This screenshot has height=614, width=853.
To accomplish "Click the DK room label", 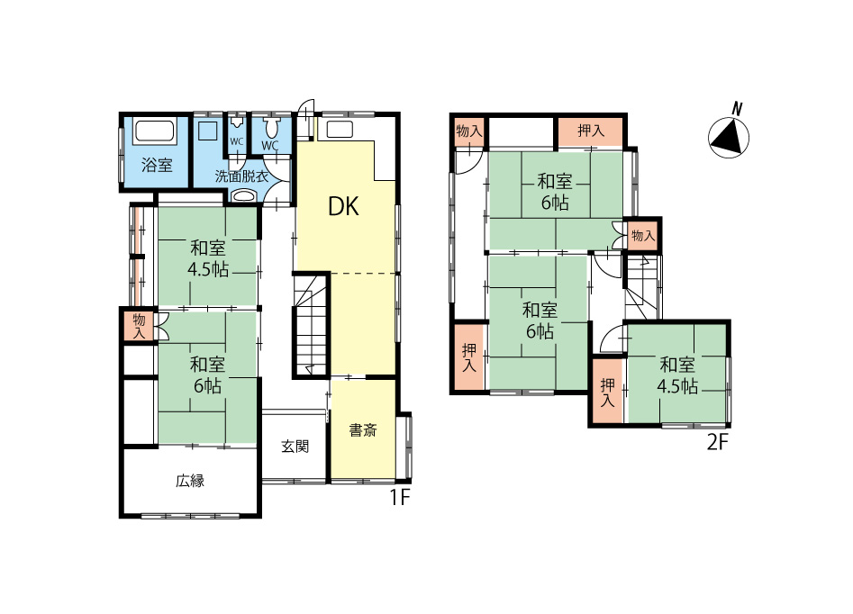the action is click(x=343, y=207).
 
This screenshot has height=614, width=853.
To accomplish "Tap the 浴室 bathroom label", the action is click(x=157, y=165).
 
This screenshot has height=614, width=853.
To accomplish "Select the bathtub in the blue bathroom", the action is click(x=155, y=132).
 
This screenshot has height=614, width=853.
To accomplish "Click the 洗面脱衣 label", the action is click(x=241, y=176).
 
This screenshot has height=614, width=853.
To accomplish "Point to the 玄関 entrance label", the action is click(x=295, y=447).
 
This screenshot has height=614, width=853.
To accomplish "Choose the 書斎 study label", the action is click(x=363, y=430).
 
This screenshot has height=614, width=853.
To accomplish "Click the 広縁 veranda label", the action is click(x=190, y=481).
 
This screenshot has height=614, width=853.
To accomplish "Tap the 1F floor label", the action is click(x=399, y=498).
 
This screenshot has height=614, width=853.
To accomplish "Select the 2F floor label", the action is click(x=717, y=442).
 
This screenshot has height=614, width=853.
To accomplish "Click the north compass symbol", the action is click(x=729, y=137).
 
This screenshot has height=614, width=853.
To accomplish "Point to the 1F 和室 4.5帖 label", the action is click(x=208, y=259).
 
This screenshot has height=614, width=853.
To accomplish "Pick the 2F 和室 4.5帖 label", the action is click(x=677, y=375).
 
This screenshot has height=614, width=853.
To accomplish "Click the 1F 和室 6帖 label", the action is click(x=208, y=375).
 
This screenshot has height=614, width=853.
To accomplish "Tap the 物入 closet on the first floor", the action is click(x=140, y=326).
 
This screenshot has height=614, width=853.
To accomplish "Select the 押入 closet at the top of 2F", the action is click(x=591, y=131).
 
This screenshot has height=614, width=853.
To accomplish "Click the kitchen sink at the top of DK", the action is click(x=339, y=130).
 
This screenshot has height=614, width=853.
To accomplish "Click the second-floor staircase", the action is click(x=642, y=286).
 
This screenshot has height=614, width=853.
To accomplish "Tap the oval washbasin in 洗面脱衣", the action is click(x=243, y=195).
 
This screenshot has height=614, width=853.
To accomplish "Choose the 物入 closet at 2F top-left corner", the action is click(x=469, y=131).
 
